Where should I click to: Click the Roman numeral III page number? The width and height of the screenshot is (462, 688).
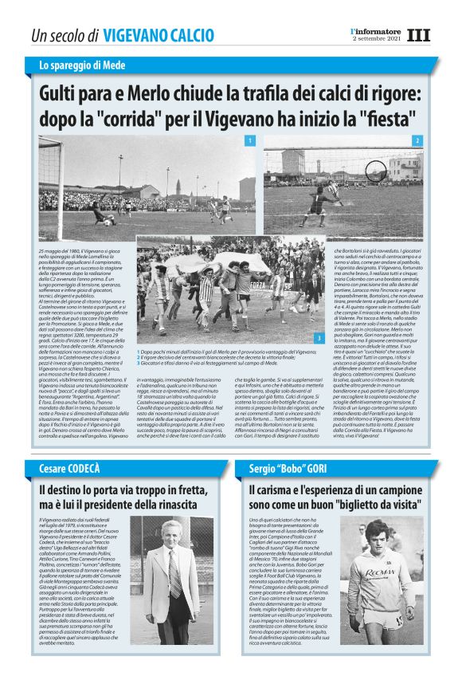click(x=417, y=35)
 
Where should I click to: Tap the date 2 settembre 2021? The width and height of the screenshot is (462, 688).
click(x=375, y=39)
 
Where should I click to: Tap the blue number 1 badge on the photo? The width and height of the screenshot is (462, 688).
click(x=250, y=141)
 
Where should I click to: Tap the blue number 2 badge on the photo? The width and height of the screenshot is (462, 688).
click(x=416, y=141)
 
